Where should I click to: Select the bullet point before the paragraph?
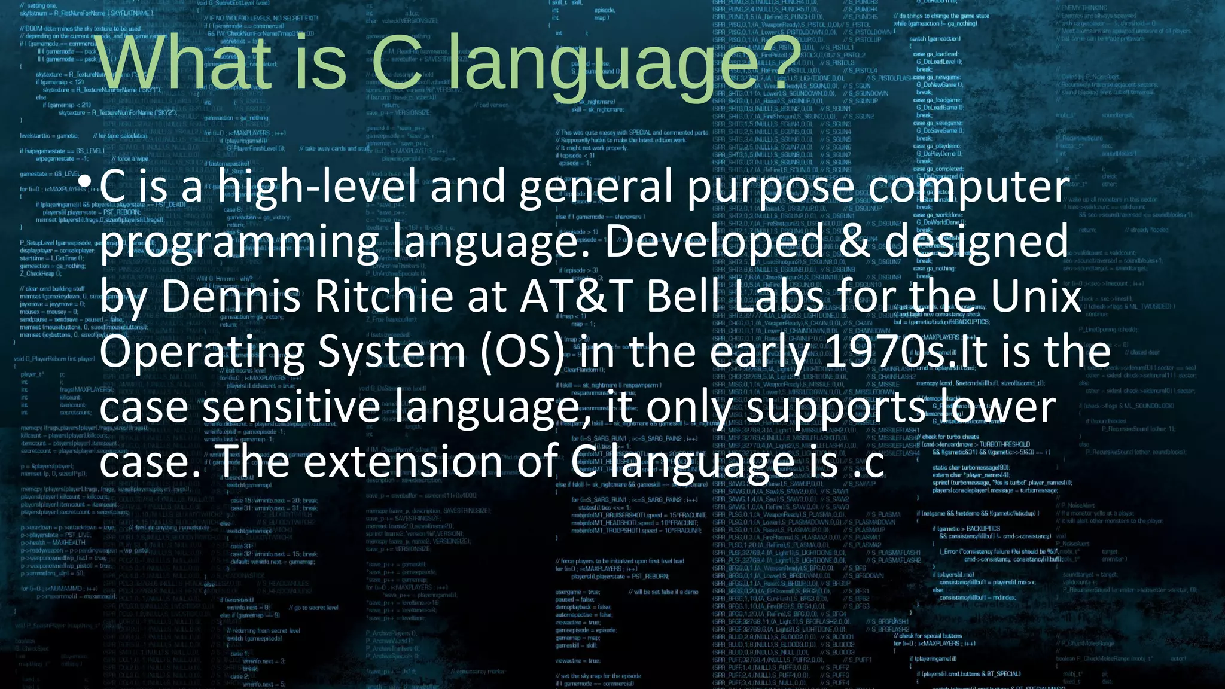[x=87, y=181]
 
